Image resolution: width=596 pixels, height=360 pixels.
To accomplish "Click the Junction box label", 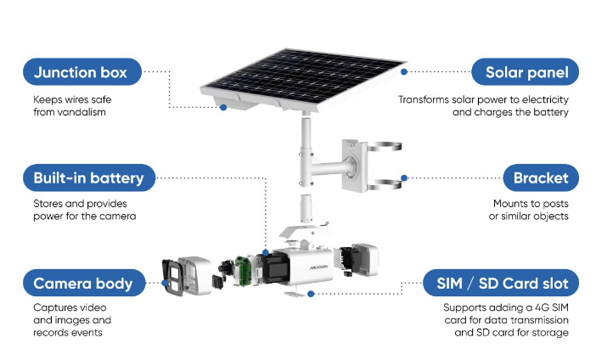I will point(81,72).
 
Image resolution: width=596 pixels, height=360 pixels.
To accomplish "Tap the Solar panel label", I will point(526,72).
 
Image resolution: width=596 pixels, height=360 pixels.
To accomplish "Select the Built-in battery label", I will point(89,178).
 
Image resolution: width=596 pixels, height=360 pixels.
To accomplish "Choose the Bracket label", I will point(540,178).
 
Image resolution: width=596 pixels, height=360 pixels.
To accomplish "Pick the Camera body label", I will point(83,284).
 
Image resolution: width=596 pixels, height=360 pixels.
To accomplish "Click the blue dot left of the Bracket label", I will point(404,178).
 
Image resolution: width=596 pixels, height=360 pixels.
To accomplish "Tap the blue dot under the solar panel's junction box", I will point(223,108).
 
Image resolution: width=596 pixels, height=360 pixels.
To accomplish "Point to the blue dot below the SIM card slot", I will point(312,294).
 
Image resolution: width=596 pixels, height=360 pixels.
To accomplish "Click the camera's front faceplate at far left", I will point(172,276).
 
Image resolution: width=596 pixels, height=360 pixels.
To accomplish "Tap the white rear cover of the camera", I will point(366,262).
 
